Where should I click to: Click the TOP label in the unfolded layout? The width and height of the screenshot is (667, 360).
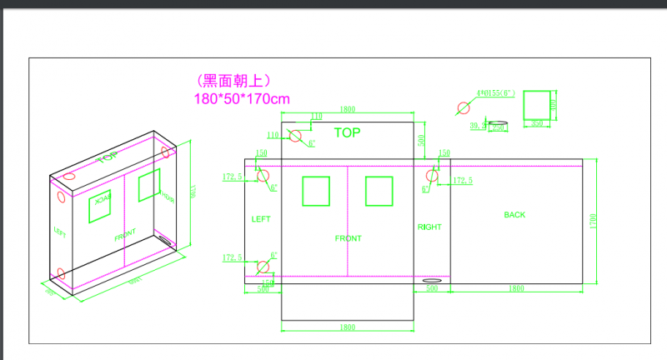[x=348, y=132]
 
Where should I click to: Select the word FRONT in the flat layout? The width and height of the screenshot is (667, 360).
[x=348, y=238]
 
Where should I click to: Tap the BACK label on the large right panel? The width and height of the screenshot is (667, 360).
[x=515, y=215]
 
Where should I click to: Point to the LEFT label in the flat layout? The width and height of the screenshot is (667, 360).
[x=262, y=219]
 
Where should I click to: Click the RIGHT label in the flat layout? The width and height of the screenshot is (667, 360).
[x=429, y=227]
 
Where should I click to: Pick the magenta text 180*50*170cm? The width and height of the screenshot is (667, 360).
[x=242, y=99]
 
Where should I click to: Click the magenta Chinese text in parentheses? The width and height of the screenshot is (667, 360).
[x=233, y=81]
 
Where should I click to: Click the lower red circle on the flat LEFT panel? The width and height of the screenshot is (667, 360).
[x=263, y=267]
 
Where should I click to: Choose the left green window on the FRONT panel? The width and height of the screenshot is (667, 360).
[x=316, y=191]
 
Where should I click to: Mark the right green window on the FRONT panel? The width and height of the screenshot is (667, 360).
[x=379, y=191]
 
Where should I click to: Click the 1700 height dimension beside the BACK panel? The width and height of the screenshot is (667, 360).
[x=593, y=221]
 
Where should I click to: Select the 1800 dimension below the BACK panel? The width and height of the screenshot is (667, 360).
[x=515, y=289]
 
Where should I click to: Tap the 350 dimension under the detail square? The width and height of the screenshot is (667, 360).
[x=537, y=123]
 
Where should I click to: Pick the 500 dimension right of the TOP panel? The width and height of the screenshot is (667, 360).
[x=422, y=140]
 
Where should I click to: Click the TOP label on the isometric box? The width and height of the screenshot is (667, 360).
[x=107, y=157]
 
